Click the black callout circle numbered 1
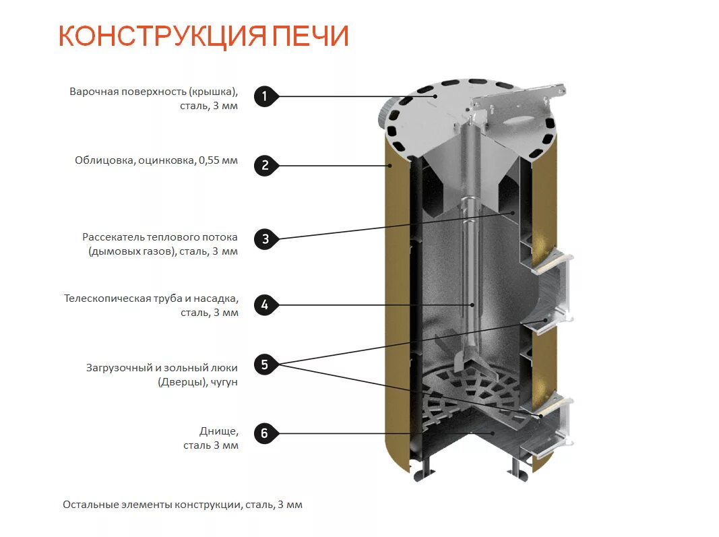tap(265, 96)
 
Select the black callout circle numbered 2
tap(265, 166)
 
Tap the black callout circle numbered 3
tap(265, 239)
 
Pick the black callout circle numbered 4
tap(265, 305)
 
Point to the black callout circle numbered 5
tap(265, 365)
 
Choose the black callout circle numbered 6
tap(265, 433)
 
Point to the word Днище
tap(218, 431)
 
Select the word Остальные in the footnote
tap(88, 505)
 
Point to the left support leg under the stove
tap(425, 469)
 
